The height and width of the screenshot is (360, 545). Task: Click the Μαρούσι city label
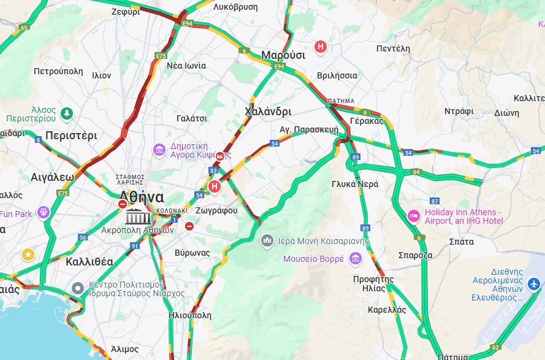(x=283, y=55)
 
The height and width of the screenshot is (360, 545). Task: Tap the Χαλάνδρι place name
(x=267, y=112)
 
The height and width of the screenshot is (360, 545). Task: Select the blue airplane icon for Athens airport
(x=533, y=285)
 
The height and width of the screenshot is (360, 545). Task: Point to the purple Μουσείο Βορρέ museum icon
(x=355, y=259)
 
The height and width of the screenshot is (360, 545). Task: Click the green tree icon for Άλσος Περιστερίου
(x=66, y=114)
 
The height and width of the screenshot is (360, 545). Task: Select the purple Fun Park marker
(x=43, y=213)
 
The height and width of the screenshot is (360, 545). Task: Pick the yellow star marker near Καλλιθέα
(x=28, y=254)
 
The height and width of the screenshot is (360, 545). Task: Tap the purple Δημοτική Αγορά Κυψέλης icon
(x=159, y=150)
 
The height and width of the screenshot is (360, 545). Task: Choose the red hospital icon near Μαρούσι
(x=320, y=47)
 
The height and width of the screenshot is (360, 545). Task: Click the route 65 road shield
(x=24, y=28)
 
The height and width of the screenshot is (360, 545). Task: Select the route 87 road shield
(x=435, y=201)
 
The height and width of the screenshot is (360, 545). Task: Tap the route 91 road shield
(x=134, y=246)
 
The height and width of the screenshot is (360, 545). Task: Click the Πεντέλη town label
(x=393, y=48)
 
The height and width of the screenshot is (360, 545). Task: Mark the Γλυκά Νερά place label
(x=355, y=184)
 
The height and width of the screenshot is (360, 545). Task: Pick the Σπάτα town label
(x=461, y=242)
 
